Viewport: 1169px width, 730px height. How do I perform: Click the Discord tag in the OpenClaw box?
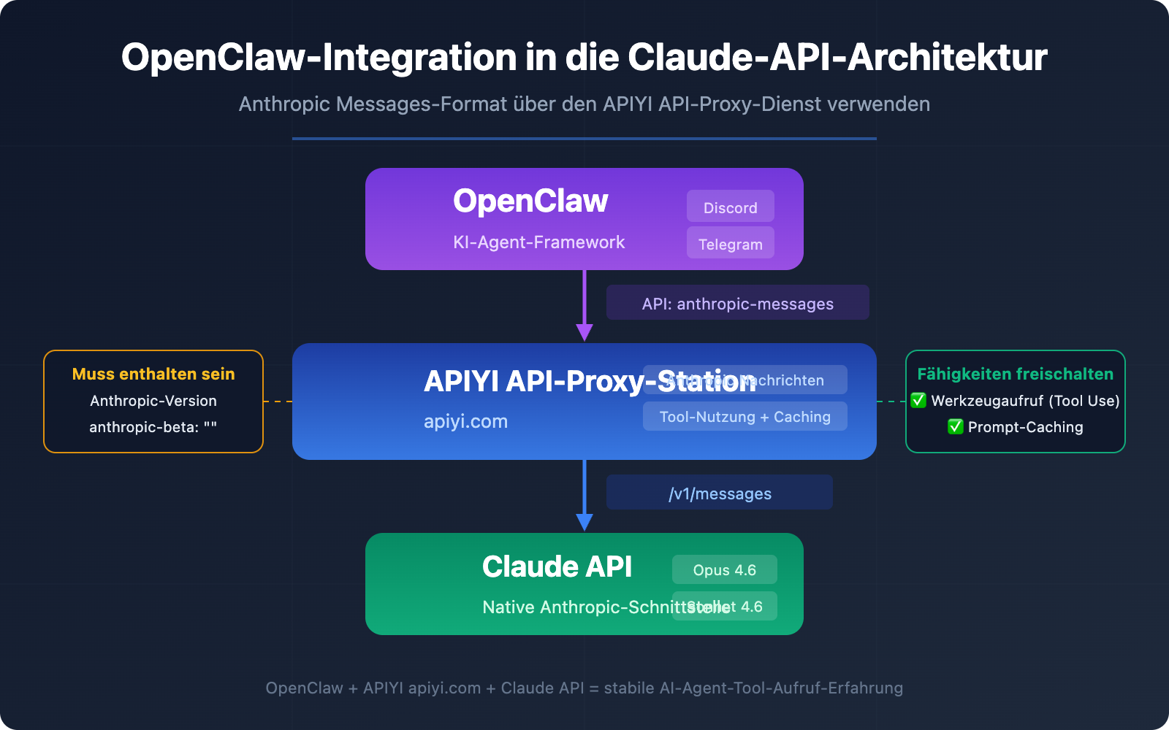(x=730, y=207)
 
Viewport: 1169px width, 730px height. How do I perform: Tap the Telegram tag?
(x=730, y=244)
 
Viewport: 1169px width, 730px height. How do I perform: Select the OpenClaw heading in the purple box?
(x=530, y=201)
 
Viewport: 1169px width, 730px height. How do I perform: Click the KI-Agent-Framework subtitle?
(x=538, y=242)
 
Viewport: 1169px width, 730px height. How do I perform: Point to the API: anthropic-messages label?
(x=737, y=304)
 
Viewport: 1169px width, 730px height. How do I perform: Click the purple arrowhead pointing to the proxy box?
(x=584, y=332)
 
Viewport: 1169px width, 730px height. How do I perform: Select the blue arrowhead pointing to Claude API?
(x=584, y=521)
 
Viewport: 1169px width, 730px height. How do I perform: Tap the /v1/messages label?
(x=720, y=493)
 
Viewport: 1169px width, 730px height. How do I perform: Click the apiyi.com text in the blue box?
(x=465, y=421)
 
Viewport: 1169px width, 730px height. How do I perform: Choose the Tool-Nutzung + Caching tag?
(x=745, y=417)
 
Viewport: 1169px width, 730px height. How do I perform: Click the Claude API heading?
(x=557, y=567)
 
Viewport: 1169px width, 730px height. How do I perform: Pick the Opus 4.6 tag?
(x=724, y=570)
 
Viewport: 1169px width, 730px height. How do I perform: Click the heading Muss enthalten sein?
(x=153, y=374)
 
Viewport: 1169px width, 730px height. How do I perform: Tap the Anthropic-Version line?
(x=153, y=401)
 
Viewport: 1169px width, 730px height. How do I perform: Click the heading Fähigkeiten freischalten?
(x=1015, y=374)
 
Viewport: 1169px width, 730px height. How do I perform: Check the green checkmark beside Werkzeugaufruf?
(x=918, y=400)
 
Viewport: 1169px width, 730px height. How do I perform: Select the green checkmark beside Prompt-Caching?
(x=955, y=426)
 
